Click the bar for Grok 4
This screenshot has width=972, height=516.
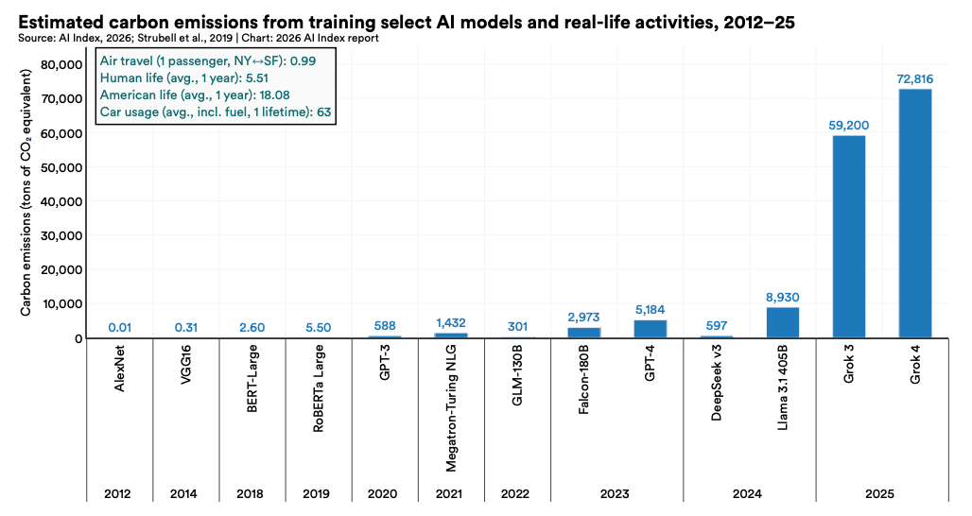pyautogui.click(x=914, y=214)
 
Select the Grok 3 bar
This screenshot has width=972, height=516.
pyautogui.click(x=848, y=236)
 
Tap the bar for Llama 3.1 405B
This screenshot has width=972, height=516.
pyautogui.click(x=782, y=322)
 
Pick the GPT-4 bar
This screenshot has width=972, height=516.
pyautogui.click(x=650, y=329)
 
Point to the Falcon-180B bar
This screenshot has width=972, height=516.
pyautogui.click(x=583, y=333)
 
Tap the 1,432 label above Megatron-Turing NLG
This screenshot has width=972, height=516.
pyautogui.click(x=450, y=323)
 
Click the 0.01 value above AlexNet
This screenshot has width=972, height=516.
pyautogui.click(x=119, y=328)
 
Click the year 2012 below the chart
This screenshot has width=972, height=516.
pyautogui.click(x=119, y=493)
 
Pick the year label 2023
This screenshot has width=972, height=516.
pyautogui.click(x=616, y=493)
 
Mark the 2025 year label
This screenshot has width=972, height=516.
pyautogui.click(x=881, y=493)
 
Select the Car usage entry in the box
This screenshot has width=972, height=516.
pyautogui.click(x=220, y=112)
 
